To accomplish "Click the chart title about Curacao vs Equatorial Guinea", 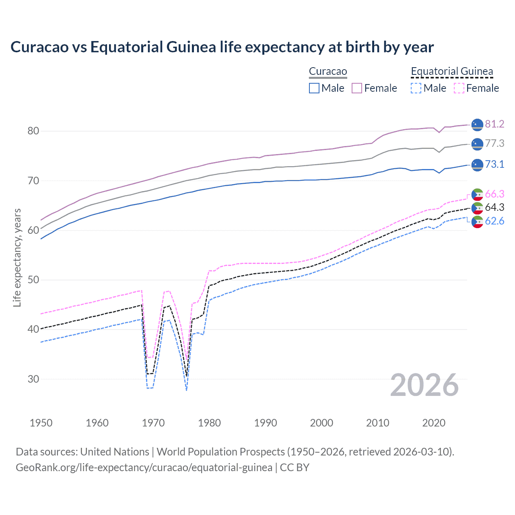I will click(x=222, y=47).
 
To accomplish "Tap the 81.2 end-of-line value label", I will click(x=494, y=124).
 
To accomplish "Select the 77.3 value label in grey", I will click(x=494, y=143).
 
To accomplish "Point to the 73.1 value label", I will click(x=494, y=164).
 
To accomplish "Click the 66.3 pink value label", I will click(x=494, y=194).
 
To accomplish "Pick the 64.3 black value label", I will click(x=494, y=207).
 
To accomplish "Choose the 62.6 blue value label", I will click(x=494, y=221).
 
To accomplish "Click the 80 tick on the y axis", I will click(x=33, y=131).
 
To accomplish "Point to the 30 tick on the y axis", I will click(x=33, y=379).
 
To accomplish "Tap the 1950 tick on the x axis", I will click(x=41, y=423).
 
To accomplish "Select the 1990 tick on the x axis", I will click(x=266, y=423).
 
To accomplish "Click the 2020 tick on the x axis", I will click(x=434, y=423).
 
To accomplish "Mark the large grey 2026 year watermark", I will click(x=424, y=385).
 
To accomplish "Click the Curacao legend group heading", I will click(x=328, y=72).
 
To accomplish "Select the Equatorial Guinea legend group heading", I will click(x=452, y=72).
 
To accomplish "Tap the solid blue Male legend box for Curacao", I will click(x=314, y=88).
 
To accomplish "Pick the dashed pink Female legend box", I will click(x=459, y=88).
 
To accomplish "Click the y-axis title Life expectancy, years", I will click(x=17, y=257).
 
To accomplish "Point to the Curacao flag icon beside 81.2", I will click(x=477, y=125).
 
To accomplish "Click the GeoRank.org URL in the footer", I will click(x=144, y=468).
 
